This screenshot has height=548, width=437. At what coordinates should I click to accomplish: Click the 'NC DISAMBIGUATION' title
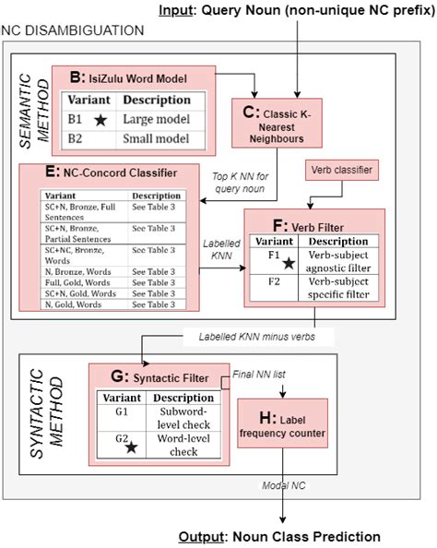[73, 30]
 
